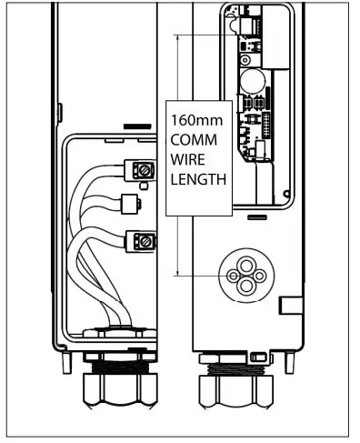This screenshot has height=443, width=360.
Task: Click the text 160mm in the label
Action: tap(194, 120)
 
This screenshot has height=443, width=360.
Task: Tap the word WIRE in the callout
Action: tap(188, 160)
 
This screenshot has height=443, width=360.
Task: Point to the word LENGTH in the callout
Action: tap(197, 180)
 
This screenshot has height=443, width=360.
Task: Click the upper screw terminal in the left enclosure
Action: tap(141, 169)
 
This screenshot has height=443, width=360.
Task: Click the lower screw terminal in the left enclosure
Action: tap(141, 241)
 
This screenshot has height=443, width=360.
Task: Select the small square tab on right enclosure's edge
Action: tap(290, 305)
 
